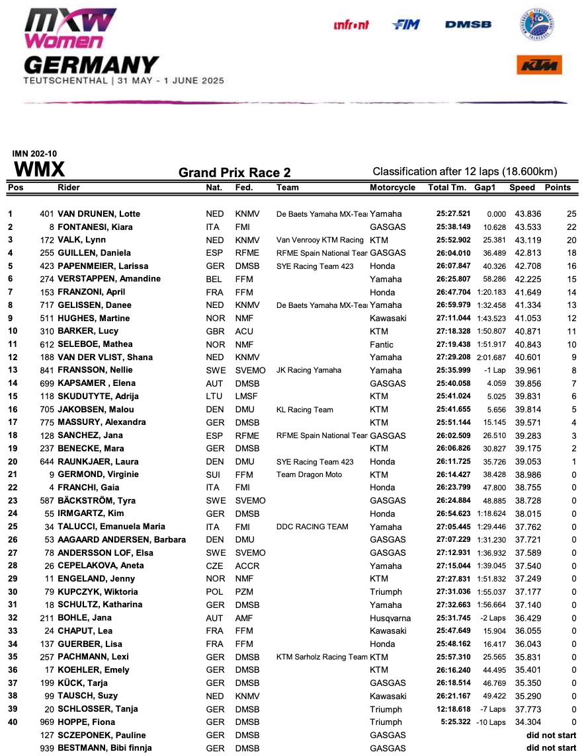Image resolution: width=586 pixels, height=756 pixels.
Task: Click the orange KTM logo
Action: [539, 65]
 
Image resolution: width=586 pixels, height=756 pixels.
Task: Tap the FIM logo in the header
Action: [406, 24]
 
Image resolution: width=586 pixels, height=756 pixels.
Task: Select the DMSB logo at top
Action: [468, 24]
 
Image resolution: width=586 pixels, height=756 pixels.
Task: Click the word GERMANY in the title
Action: [91, 65]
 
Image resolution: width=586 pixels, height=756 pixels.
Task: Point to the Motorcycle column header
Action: [392, 188]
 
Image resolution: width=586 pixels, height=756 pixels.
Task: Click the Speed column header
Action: [522, 188]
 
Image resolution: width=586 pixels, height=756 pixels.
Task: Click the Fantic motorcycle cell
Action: [382, 344]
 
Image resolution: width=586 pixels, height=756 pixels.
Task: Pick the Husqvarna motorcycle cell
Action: [390, 619]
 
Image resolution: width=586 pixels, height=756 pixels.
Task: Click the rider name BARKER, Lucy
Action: [90, 331]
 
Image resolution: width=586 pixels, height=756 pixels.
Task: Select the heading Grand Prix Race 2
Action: [234, 173]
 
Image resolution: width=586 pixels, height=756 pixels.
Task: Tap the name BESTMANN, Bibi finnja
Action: [105, 748]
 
